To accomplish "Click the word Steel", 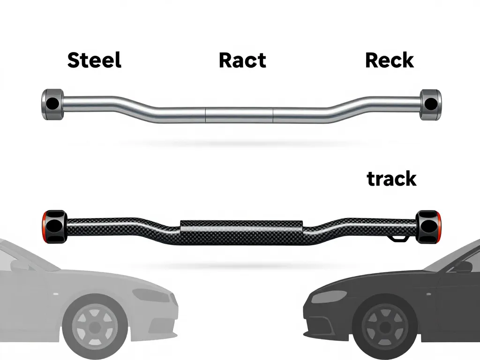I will click(94, 60).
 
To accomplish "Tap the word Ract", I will click(242, 60).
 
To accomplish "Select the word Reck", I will click(389, 60).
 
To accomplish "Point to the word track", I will click(391, 179).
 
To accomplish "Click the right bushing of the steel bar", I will click(430, 103).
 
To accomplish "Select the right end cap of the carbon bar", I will click(429, 227).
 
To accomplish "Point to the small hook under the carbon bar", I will click(397, 239).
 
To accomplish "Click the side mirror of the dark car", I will click(462, 267).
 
